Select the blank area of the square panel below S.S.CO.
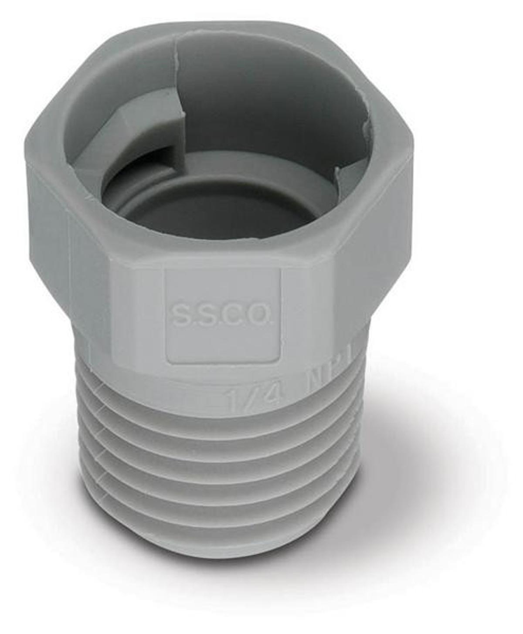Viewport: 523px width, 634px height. (x=222, y=344)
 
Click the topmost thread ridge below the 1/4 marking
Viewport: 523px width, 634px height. (x=218, y=412)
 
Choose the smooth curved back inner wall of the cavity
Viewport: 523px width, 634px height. (x=270, y=100)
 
